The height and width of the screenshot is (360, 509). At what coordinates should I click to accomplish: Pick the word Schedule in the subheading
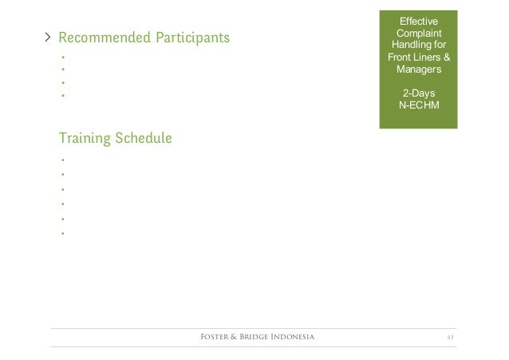point(144,139)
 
